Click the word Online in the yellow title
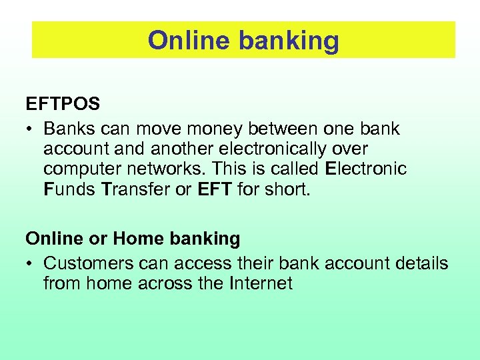pos(188,41)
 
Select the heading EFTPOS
pos(63,105)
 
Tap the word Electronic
pos(365,169)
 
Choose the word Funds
pos(69,189)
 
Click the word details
pos(421,263)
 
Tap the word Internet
pos(261,283)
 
